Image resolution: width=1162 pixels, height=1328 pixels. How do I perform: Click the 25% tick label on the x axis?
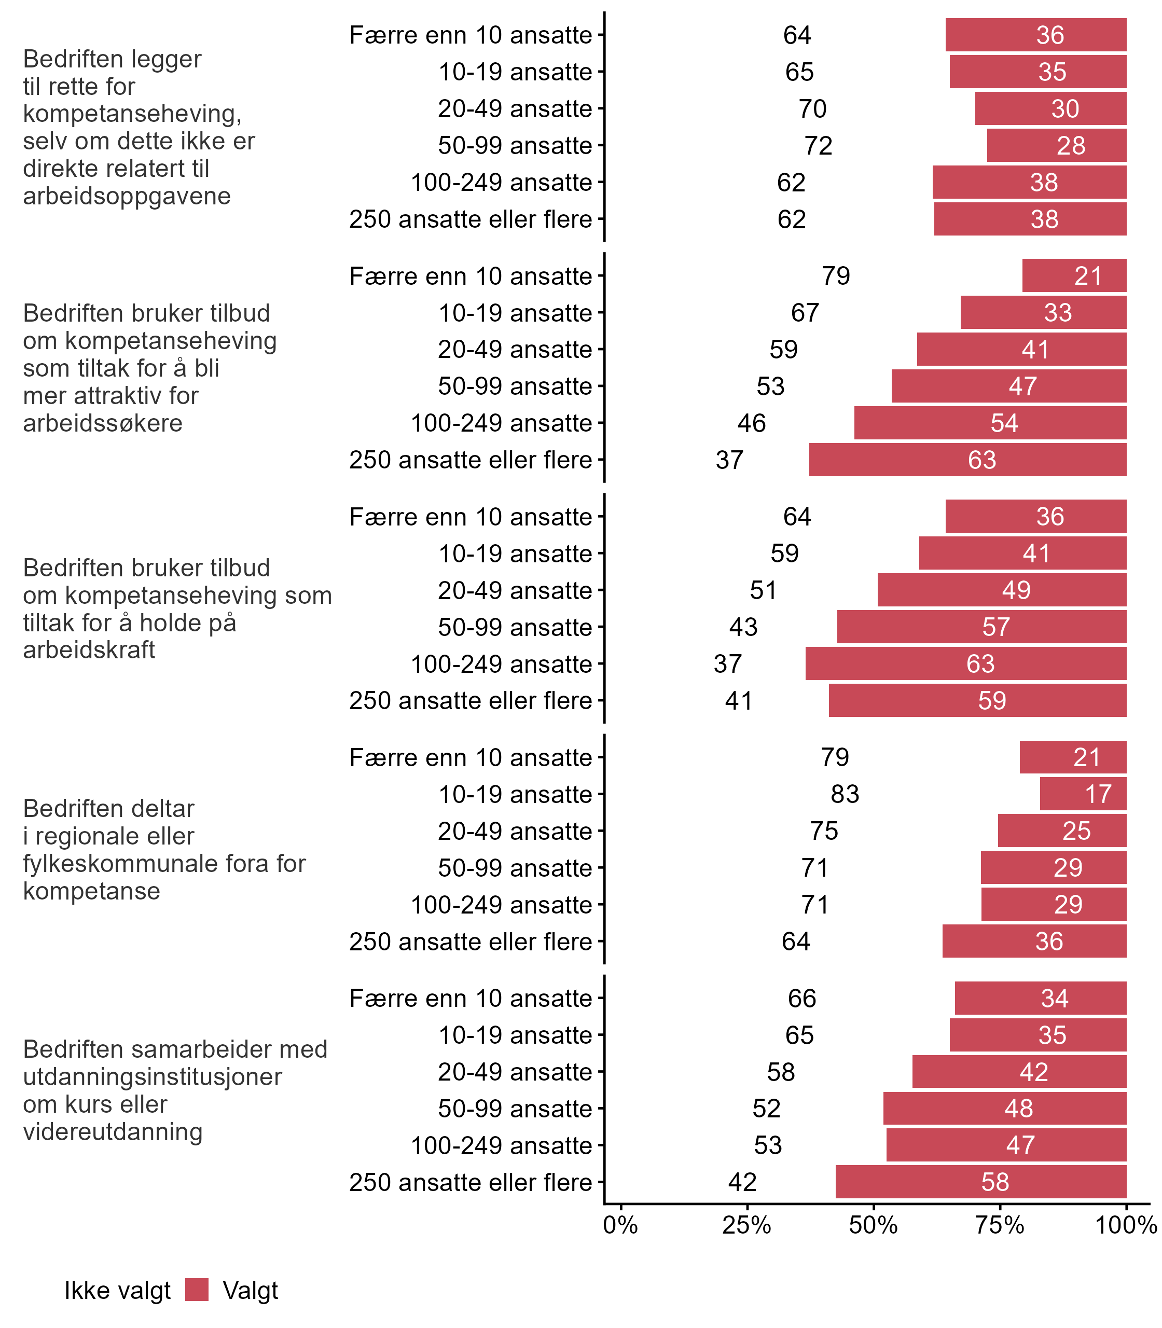click(746, 1225)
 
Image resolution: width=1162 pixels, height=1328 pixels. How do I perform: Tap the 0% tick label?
click(620, 1225)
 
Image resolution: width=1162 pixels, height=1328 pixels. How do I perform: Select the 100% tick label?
click(1126, 1225)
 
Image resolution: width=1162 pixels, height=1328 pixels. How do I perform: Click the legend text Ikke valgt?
click(117, 1291)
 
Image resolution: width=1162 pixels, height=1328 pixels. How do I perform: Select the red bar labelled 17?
click(1083, 794)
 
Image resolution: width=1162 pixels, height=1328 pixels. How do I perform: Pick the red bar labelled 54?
click(990, 423)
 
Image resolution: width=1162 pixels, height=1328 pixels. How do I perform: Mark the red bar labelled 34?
click(1040, 998)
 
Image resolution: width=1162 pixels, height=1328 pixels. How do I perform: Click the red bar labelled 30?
click(1050, 108)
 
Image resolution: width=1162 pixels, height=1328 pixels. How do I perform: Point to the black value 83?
click(845, 794)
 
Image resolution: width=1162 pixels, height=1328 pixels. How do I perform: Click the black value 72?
click(819, 145)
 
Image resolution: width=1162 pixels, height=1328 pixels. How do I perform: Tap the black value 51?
click(763, 590)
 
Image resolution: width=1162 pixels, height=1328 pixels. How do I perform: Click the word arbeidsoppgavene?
click(127, 196)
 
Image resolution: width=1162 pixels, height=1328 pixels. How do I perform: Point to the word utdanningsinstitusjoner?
click(153, 1076)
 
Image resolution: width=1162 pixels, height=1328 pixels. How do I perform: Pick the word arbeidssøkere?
click(103, 423)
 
